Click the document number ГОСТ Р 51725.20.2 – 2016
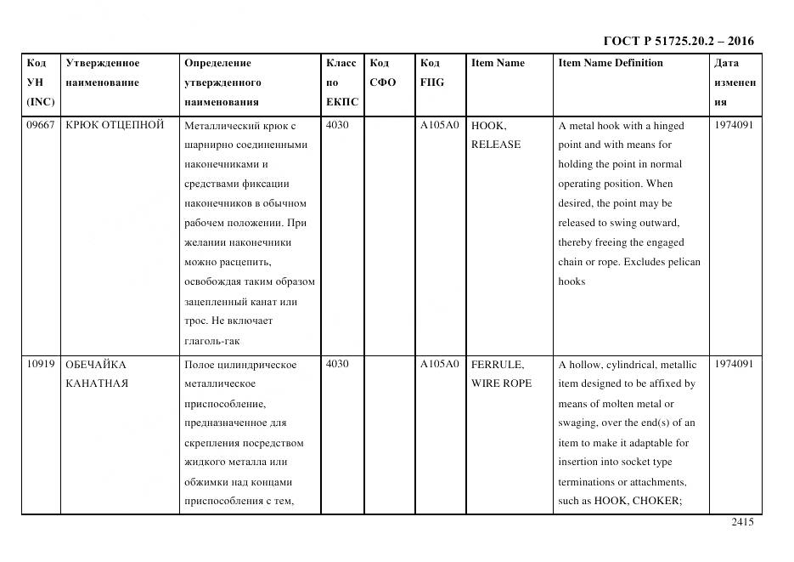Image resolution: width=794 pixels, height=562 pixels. coord(678,41)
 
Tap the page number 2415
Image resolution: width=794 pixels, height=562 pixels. coord(742,522)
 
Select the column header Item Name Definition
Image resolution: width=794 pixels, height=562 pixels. coord(610,63)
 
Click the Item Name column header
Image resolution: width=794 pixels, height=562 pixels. coord(498,63)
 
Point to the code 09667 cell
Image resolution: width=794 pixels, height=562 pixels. coord(41,126)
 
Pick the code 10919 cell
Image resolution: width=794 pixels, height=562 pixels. coord(41,365)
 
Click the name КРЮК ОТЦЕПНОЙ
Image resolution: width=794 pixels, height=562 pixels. coord(114,126)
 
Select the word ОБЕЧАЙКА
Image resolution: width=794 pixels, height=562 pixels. coord(96,365)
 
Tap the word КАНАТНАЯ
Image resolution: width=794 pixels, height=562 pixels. coord(97,383)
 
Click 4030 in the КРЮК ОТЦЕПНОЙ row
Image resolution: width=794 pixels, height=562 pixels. coord(337,126)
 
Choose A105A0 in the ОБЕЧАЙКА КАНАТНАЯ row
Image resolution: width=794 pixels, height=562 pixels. coord(439,365)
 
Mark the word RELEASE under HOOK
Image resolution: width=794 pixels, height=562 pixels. coord(495,145)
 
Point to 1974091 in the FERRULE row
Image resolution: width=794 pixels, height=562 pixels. coord(734,365)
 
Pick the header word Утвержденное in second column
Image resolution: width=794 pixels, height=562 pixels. coord(103,63)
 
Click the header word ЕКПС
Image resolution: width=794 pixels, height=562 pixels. coord(342,102)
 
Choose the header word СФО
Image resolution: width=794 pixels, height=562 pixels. coord(382,82)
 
